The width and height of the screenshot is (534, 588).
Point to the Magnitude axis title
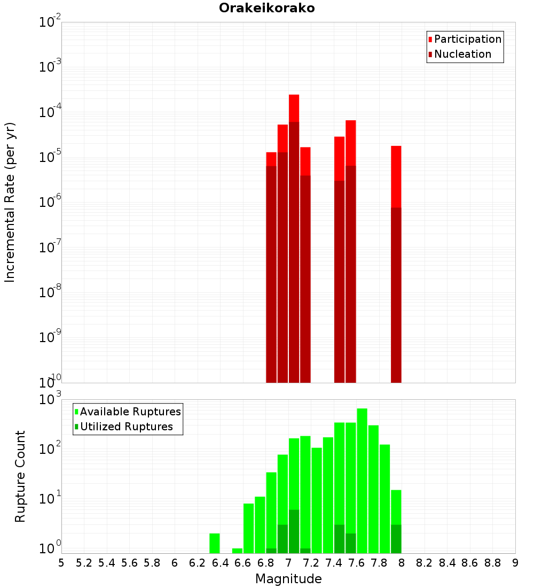pos(288,579)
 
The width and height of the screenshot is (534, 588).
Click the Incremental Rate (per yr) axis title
pos(10,203)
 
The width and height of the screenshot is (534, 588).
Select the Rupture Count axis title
pos(20,476)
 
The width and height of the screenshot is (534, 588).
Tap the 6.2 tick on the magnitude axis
pos(198,563)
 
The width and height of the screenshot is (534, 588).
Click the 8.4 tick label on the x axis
pos(447,563)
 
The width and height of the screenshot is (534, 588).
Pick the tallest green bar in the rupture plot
pos(362,481)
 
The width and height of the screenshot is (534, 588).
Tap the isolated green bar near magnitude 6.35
pos(215,543)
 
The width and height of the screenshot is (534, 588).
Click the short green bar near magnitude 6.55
pos(237,551)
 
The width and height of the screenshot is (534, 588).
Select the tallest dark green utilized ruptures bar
pos(294,531)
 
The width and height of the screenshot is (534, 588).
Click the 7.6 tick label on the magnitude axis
pos(356,563)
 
